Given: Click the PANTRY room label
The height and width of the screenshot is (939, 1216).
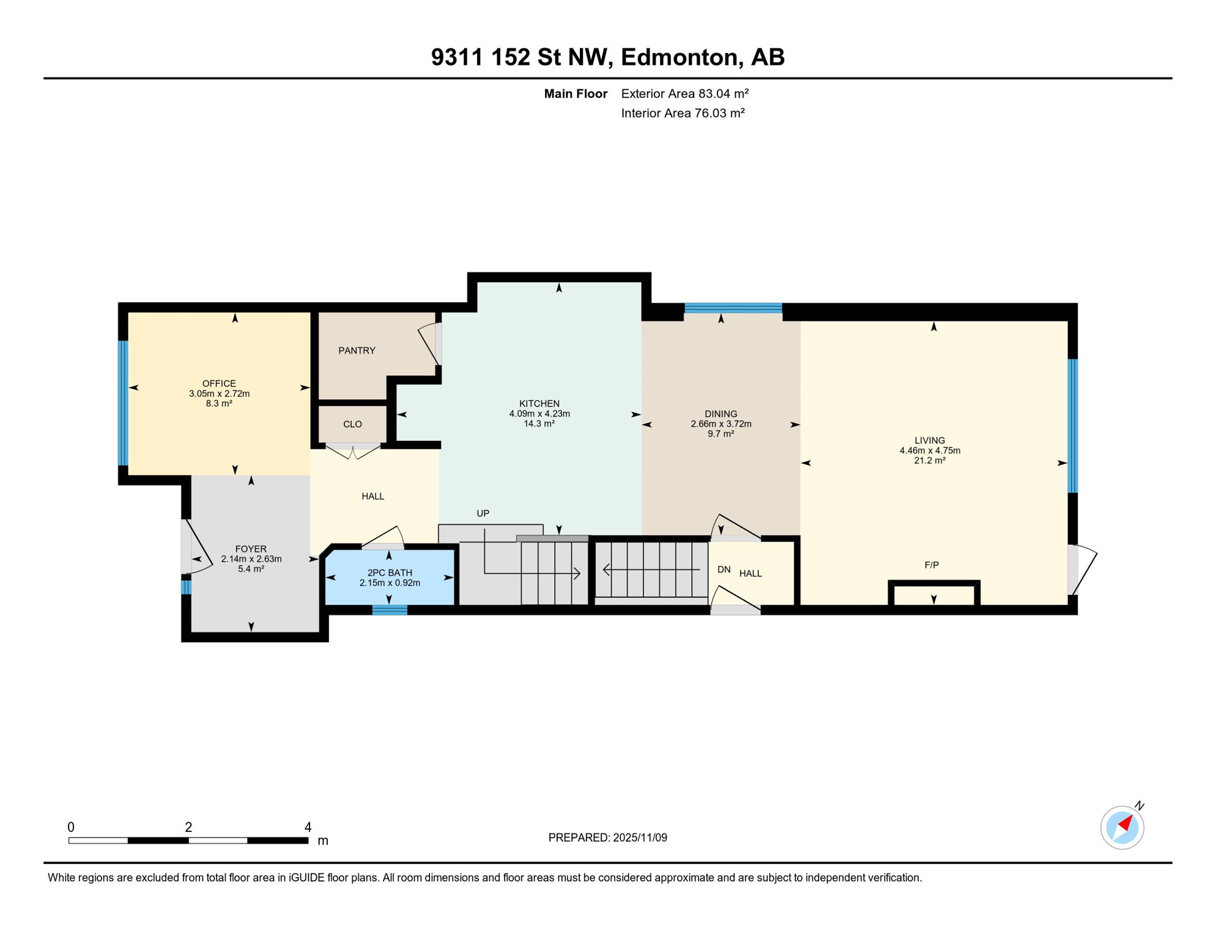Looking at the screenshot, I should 357,350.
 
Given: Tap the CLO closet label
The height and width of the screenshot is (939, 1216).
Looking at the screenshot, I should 352,424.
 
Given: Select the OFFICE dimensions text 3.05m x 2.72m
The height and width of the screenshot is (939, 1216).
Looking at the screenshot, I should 219,394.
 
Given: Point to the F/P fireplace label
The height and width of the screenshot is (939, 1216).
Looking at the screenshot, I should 931,565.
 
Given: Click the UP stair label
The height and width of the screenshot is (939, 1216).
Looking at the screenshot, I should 483,514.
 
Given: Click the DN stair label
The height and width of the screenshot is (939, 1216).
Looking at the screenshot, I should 724,569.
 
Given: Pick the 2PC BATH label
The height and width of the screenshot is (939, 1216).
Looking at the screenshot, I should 390,573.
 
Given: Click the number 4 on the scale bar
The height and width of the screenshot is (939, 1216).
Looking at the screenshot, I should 308,827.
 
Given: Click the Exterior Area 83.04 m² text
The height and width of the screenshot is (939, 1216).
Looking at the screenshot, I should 684,94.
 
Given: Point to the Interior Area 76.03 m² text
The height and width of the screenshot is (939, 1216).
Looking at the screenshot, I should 683,113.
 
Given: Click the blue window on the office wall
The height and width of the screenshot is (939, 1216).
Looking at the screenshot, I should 123,403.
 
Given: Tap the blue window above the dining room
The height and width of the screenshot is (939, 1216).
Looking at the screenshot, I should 733,308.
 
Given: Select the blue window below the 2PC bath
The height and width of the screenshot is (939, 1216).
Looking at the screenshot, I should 390,609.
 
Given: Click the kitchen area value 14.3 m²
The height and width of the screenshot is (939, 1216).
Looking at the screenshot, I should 539,424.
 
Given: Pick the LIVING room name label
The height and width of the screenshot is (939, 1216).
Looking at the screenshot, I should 929,440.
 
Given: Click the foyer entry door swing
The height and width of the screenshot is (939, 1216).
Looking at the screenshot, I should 197,548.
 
